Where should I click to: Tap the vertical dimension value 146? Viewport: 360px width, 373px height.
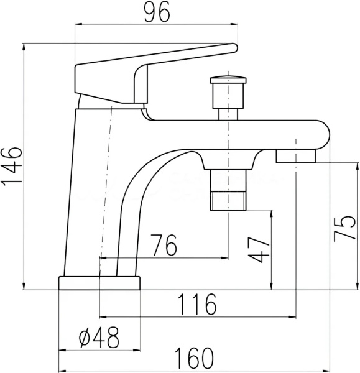click(11, 167)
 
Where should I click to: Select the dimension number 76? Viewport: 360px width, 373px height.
click(164, 244)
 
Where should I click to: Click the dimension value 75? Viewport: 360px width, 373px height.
click(344, 229)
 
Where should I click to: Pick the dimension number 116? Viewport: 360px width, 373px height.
click(198, 304)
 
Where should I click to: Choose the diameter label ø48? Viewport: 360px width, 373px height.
click(99, 337)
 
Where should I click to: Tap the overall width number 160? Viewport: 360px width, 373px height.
click(194, 358)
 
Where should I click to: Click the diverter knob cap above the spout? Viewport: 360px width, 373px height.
click(228, 80)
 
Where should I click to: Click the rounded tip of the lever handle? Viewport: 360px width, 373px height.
click(234, 48)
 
